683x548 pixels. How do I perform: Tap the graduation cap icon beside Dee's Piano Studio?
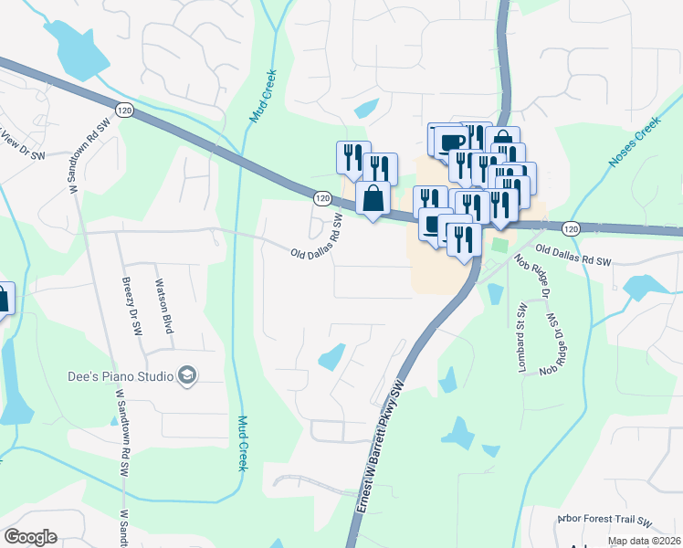pyautogui.click(x=187, y=375)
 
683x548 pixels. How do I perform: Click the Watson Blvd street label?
pyautogui.click(x=165, y=306)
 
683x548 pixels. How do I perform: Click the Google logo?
pyautogui.click(x=30, y=537)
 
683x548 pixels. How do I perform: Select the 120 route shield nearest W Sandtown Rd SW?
pyautogui.click(x=126, y=110)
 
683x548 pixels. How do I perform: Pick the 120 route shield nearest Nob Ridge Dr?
pyautogui.click(x=571, y=228)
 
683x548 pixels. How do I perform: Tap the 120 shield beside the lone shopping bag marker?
pyautogui.click(x=321, y=197)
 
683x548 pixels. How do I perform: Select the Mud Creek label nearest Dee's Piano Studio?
pyautogui.click(x=243, y=443)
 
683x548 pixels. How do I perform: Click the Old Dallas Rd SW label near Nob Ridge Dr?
pyautogui.click(x=573, y=255)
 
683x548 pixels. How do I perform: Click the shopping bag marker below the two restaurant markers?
pyautogui.click(x=373, y=197)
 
